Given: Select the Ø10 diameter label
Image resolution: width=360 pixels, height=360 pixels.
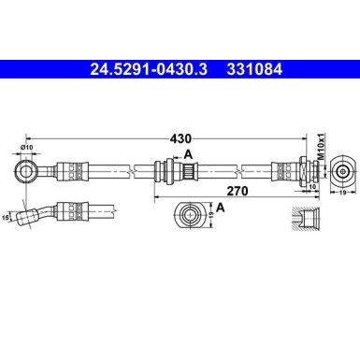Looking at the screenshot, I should tap(26, 148).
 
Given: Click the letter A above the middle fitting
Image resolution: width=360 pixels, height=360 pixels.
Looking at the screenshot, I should tap(188, 154).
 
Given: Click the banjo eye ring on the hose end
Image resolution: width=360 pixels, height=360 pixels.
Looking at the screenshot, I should tap(26, 172).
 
